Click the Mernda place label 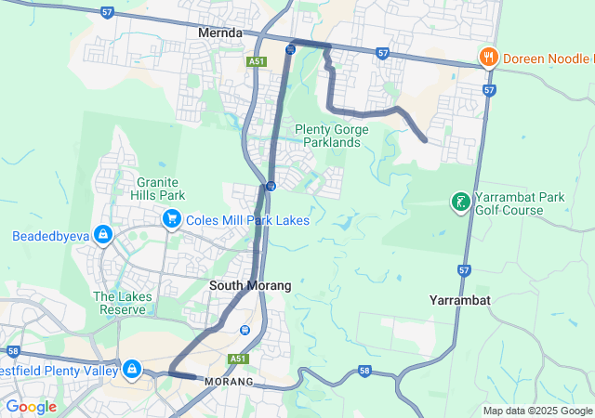220,33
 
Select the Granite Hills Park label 160,189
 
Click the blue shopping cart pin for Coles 171,219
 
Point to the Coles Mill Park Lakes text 247,220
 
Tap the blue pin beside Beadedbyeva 103,235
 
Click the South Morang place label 250,285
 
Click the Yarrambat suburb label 460,300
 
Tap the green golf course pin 459,202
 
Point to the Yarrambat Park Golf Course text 520,203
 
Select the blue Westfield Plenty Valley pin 131,370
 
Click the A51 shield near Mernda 258,61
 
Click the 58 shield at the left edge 12,351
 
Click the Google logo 31,407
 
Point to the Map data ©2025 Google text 537,411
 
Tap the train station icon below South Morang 245,329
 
